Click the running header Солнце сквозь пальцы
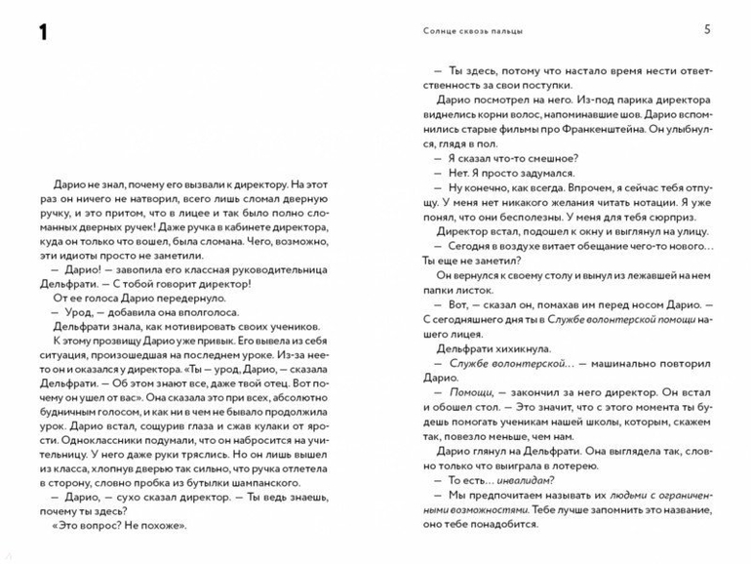(x=467, y=31)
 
